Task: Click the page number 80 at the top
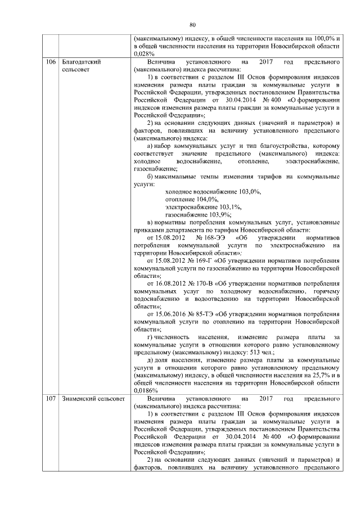(x=192, y=25)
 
